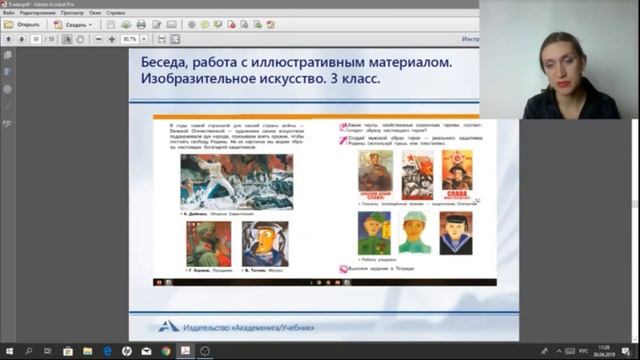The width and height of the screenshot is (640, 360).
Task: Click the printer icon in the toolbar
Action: (141, 24)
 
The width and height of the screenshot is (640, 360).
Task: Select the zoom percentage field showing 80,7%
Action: (130, 39)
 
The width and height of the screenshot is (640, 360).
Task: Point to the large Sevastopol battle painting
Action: (222, 182)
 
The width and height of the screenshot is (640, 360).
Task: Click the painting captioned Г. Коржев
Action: (207, 243)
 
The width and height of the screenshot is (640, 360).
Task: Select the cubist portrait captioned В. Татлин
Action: (263, 243)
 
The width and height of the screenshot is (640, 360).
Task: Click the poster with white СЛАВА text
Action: (457, 173)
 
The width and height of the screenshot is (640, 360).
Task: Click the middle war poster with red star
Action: (415, 174)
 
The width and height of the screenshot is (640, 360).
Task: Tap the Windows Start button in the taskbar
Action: (8, 352)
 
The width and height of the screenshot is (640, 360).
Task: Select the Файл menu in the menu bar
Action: (8, 13)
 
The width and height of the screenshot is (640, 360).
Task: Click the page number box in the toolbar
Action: (36, 39)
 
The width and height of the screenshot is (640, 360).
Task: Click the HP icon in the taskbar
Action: (127, 352)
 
